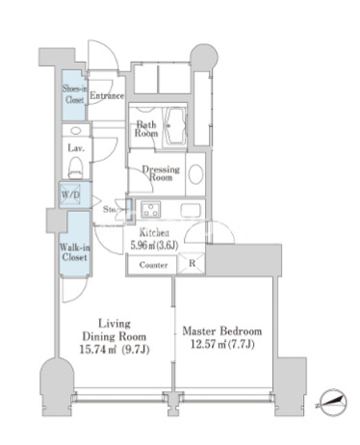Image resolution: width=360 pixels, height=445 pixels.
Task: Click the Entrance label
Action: point(107,95)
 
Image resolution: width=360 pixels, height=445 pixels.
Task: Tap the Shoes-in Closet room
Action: point(74,95)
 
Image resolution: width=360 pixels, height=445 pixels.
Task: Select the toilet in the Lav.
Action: point(76,167)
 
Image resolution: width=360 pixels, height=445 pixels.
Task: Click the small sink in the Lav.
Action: point(76,131)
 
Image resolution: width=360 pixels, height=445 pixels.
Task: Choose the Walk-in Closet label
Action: point(75,252)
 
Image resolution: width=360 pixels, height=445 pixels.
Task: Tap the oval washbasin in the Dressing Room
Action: point(195,174)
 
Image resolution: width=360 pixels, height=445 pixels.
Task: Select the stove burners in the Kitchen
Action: point(151,209)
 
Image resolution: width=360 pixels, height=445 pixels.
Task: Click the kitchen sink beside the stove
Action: point(191,211)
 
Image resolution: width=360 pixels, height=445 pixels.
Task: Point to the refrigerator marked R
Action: point(192,264)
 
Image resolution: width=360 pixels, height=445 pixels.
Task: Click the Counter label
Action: point(153,265)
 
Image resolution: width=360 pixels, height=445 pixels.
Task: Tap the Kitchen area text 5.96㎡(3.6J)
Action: point(154,246)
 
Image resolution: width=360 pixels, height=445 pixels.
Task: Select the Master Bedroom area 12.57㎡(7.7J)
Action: point(222,344)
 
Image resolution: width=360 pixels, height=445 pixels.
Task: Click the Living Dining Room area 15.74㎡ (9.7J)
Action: point(115,349)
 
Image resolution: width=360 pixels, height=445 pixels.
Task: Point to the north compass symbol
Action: point(333,402)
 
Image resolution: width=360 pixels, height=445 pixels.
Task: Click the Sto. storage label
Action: point(110,210)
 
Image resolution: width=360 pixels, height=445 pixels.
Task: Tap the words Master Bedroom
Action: point(222,331)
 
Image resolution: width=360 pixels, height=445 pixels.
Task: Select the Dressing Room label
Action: point(161,173)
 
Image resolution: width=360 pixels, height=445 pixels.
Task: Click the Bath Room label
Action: point(146,128)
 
